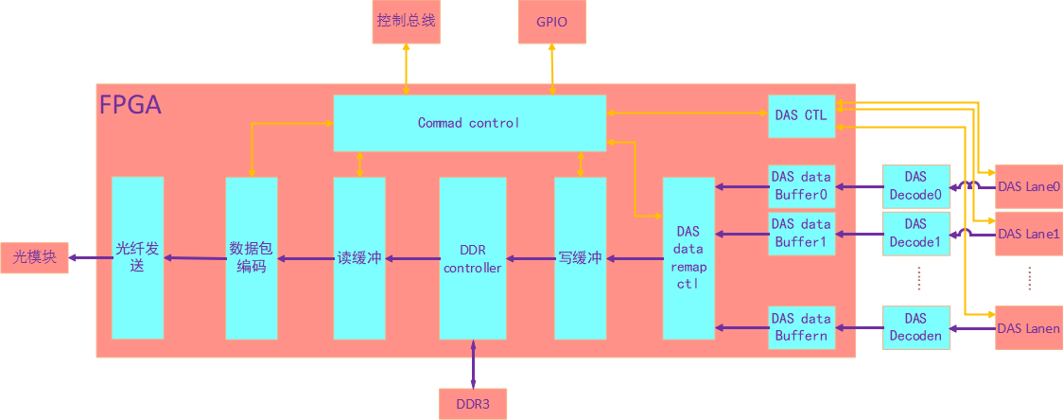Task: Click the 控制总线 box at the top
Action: pyautogui.click(x=406, y=21)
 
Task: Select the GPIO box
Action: pyautogui.click(x=551, y=22)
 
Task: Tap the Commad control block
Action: pyautogui.click(x=469, y=123)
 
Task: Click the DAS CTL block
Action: pyautogui.click(x=801, y=115)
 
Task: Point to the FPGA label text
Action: pyautogui.click(x=131, y=105)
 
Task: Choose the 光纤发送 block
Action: pyautogui.click(x=137, y=257)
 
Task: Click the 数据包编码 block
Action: pyautogui.click(x=251, y=257)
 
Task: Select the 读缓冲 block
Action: pyautogui.click(x=359, y=257)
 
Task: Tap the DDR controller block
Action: pyautogui.click(x=472, y=258)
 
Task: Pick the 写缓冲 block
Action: pyautogui.click(x=580, y=257)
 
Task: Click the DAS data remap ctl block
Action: pyautogui.click(x=688, y=257)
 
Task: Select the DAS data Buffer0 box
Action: pyautogui.click(x=801, y=185)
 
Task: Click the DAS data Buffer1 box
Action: pyautogui.click(x=801, y=233)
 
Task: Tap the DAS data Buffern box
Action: pyautogui.click(x=801, y=327)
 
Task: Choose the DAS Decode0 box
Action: pyautogui.click(x=915, y=185)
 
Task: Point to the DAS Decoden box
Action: pyautogui.click(x=915, y=327)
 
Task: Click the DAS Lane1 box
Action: pyautogui.click(x=1028, y=234)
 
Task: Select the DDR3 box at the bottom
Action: pyautogui.click(x=472, y=404)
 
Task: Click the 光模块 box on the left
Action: pyautogui.click(x=35, y=257)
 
